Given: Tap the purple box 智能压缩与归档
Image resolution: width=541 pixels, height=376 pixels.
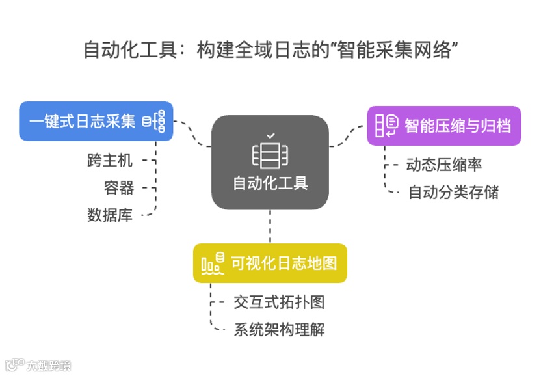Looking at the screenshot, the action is pos(444,126).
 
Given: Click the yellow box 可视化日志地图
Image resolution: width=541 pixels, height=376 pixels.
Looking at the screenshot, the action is pos(270,263).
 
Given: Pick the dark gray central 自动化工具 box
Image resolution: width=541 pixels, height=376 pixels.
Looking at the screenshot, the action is pos(270,162).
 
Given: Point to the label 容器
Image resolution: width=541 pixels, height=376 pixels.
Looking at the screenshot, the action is pos(119,187).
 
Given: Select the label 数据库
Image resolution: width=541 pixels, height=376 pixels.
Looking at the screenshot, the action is pos(111,215).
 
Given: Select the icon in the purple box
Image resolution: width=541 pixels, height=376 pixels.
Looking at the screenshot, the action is pos(387,126).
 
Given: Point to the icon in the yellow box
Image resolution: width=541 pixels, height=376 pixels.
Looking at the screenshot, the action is pos(213,263).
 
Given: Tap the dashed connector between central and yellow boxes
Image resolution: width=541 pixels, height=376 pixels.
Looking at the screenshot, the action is pos(270,226).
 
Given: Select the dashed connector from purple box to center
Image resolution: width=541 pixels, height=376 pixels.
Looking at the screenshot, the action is pos(348,137).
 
